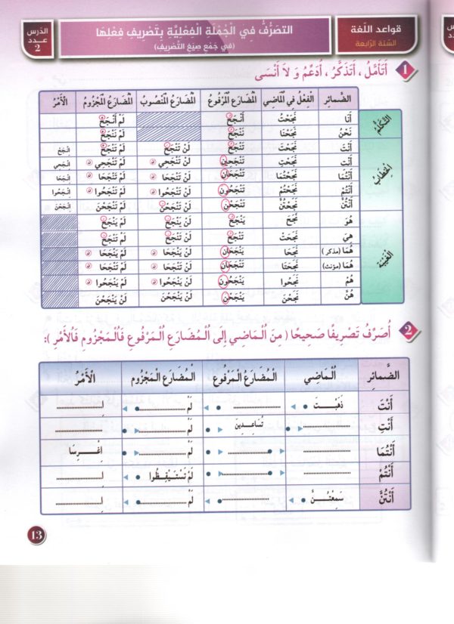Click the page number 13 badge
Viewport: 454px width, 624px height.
36,535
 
